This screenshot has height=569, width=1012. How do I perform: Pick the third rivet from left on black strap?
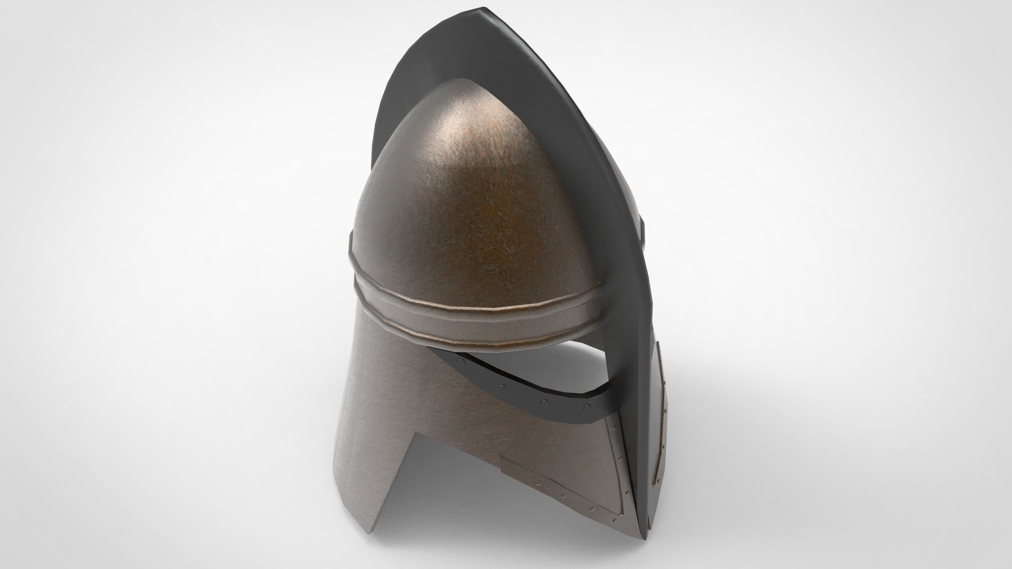pos(543,403)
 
